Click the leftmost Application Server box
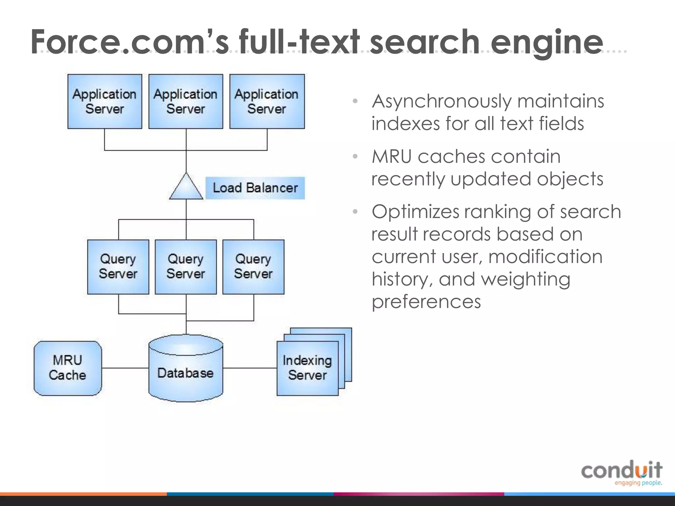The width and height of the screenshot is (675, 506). click(105, 101)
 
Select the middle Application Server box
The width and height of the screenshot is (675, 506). click(186, 101)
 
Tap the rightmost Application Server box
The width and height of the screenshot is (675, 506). click(267, 101)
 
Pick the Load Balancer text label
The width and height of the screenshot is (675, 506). click(255, 188)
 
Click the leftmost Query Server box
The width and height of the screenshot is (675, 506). click(118, 267)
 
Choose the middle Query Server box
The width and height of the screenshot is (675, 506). click(186, 267)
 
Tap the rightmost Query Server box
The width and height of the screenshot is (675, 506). click(253, 267)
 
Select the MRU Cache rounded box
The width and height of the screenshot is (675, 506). click(68, 368)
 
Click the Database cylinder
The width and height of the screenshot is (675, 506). click(186, 371)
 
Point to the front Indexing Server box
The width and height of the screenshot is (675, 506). click(308, 368)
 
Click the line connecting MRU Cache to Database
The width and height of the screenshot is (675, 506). click(125, 368)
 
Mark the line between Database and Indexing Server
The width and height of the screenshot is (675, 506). click(250, 368)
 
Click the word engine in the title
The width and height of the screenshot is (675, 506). click(546, 42)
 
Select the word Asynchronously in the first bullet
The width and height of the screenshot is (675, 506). click(441, 101)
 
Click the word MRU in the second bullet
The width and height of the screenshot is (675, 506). click(392, 156)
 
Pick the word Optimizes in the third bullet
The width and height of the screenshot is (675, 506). click(415, 212)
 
